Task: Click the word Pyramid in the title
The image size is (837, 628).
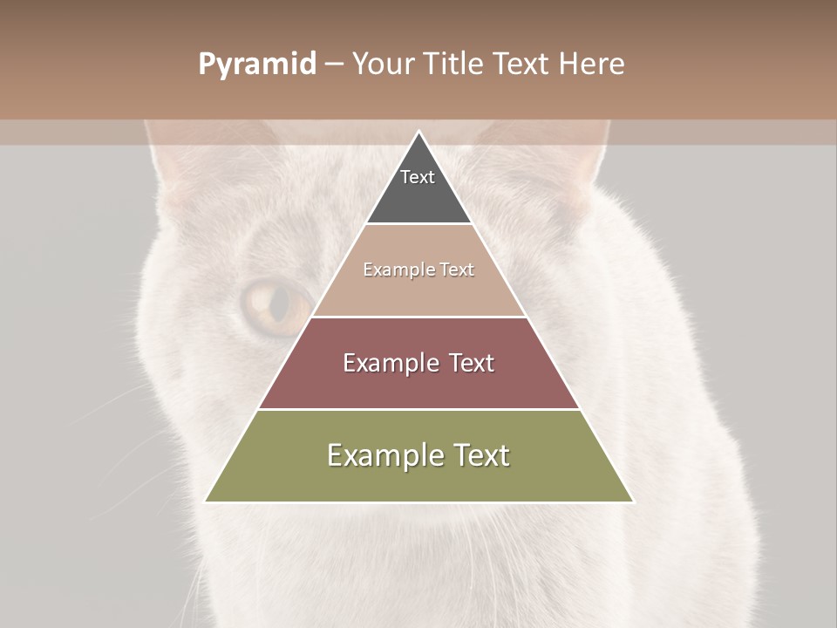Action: [256, 65]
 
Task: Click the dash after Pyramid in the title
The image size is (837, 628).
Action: [334, 65]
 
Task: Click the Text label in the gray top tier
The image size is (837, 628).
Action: [418, 177]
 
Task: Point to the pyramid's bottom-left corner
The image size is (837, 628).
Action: [206, 501]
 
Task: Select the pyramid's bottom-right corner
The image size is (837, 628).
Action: [632, 501]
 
